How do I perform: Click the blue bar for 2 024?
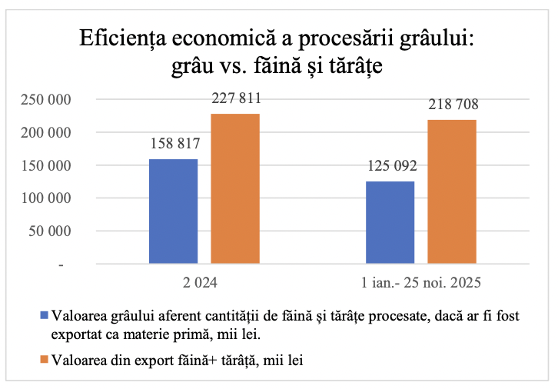[x=174, y=211]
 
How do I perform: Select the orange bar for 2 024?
[x=235, y=188]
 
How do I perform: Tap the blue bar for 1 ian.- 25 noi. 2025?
[x=390, y=223]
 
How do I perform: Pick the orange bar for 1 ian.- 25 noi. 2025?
[x=452, y=192]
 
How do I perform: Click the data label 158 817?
[x=174, y=144]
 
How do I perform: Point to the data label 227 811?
[x=235, y=98]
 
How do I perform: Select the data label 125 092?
[x=390, y=165]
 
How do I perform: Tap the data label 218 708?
[x=452, y=105]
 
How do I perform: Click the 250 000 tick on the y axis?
[x=48, y=100]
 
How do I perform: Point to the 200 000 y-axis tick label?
[x=48, y=133]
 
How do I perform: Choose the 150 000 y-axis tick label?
[x=48, y=166]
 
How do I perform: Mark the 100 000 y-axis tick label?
[x=48, y=198]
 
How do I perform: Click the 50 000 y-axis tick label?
[x=51, y=231]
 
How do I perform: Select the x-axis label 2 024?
[x=204, y=283]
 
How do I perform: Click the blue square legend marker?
[x=44, y=315]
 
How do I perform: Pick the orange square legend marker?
[x=44, y=360]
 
